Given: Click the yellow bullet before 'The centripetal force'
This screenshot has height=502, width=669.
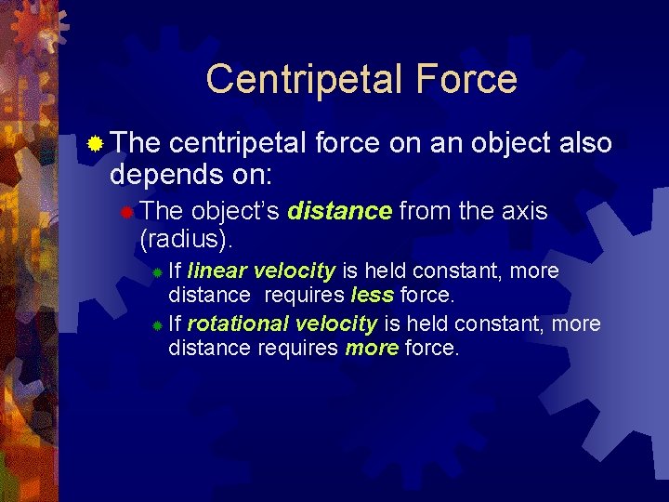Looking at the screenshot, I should pos(95,143).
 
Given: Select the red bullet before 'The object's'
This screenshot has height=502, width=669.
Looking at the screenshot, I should pos(126,211).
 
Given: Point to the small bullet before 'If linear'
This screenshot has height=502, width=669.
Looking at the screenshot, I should pos(158,272).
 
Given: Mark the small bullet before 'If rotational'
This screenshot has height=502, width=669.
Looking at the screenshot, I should pos(158,325).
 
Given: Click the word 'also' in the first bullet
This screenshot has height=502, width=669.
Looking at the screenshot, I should pos(586,143).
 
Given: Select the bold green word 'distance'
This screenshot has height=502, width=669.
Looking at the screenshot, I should pos(339,211).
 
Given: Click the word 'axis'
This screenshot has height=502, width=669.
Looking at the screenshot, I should pos(525,211).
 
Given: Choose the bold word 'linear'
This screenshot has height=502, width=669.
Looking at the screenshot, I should pos(216,271).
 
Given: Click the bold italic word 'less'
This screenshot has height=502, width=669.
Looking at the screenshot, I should pos(373,296).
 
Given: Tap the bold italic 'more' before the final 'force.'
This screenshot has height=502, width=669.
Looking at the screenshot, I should pos(371,349).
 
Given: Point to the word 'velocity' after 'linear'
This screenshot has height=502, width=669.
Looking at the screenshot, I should pos(294,271).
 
